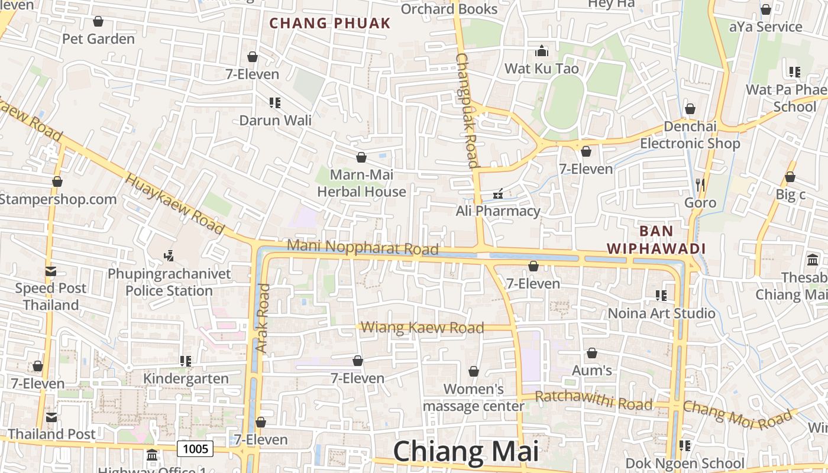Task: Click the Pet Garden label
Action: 99,39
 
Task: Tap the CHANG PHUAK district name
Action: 330,23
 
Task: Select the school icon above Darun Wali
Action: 274,102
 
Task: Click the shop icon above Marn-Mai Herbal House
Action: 361,157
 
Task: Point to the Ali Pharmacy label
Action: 498,211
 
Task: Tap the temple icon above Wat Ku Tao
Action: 541,51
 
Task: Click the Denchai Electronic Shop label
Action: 690,135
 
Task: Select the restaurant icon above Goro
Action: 700,185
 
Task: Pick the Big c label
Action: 790,195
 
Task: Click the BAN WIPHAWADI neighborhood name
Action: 656,239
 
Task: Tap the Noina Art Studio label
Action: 661,313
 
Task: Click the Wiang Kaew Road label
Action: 422,328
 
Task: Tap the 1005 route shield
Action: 195,449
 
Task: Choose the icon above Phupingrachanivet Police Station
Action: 169,255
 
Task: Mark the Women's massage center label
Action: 473,397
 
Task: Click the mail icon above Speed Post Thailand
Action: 51,271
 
